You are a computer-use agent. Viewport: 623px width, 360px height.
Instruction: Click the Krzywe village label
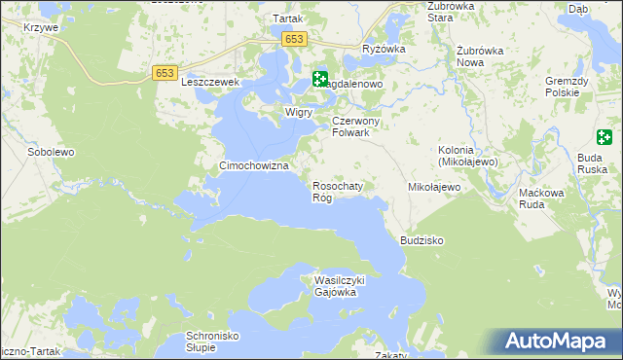coord(43,27)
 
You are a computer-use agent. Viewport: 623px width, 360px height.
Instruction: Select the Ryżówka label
coord(383,49)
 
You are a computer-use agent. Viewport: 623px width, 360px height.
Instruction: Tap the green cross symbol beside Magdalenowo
coord(320,80)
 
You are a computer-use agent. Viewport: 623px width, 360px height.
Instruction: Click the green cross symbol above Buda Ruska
coord(605,136)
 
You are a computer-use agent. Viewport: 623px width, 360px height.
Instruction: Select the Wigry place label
coord(298,112)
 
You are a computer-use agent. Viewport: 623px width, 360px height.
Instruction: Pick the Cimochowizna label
coord(256,166)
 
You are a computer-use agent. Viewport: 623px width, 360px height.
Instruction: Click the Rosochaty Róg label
coord(337,191)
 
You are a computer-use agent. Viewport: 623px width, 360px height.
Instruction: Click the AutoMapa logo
coord(558,342)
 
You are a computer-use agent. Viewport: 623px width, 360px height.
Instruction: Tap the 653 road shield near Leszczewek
coord(164,73)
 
